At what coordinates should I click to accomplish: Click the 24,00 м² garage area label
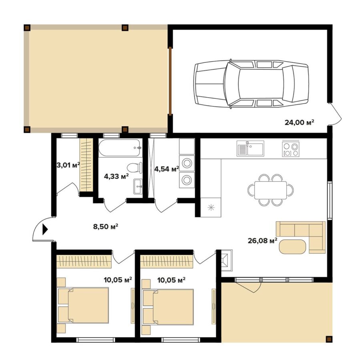(x=299, y=122)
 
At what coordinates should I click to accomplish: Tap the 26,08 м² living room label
(x=263, y=241)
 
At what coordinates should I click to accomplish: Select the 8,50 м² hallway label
(x=106, y=226)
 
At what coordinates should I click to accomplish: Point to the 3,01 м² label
(x=68, y=165)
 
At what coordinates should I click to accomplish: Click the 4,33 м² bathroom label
(x=116, y=176)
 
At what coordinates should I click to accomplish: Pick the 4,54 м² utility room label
(x=167, y=169)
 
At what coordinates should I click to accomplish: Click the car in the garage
(x=251, y=84)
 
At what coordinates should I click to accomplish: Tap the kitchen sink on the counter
(x=250, y=148)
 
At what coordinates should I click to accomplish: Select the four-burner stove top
(x=291, y=149)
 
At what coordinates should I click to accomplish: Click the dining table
(x=270, y=190)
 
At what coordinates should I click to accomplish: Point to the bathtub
(x=119, y=148)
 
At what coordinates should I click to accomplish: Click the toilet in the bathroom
(x=135, y=168)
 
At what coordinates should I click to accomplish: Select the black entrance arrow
(x=45, y=230)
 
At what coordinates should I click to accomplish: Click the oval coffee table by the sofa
(x=292, y=246)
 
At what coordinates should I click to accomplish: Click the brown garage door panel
(x=170, y=81)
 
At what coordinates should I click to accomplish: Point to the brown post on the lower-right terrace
(x=328, y=339)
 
